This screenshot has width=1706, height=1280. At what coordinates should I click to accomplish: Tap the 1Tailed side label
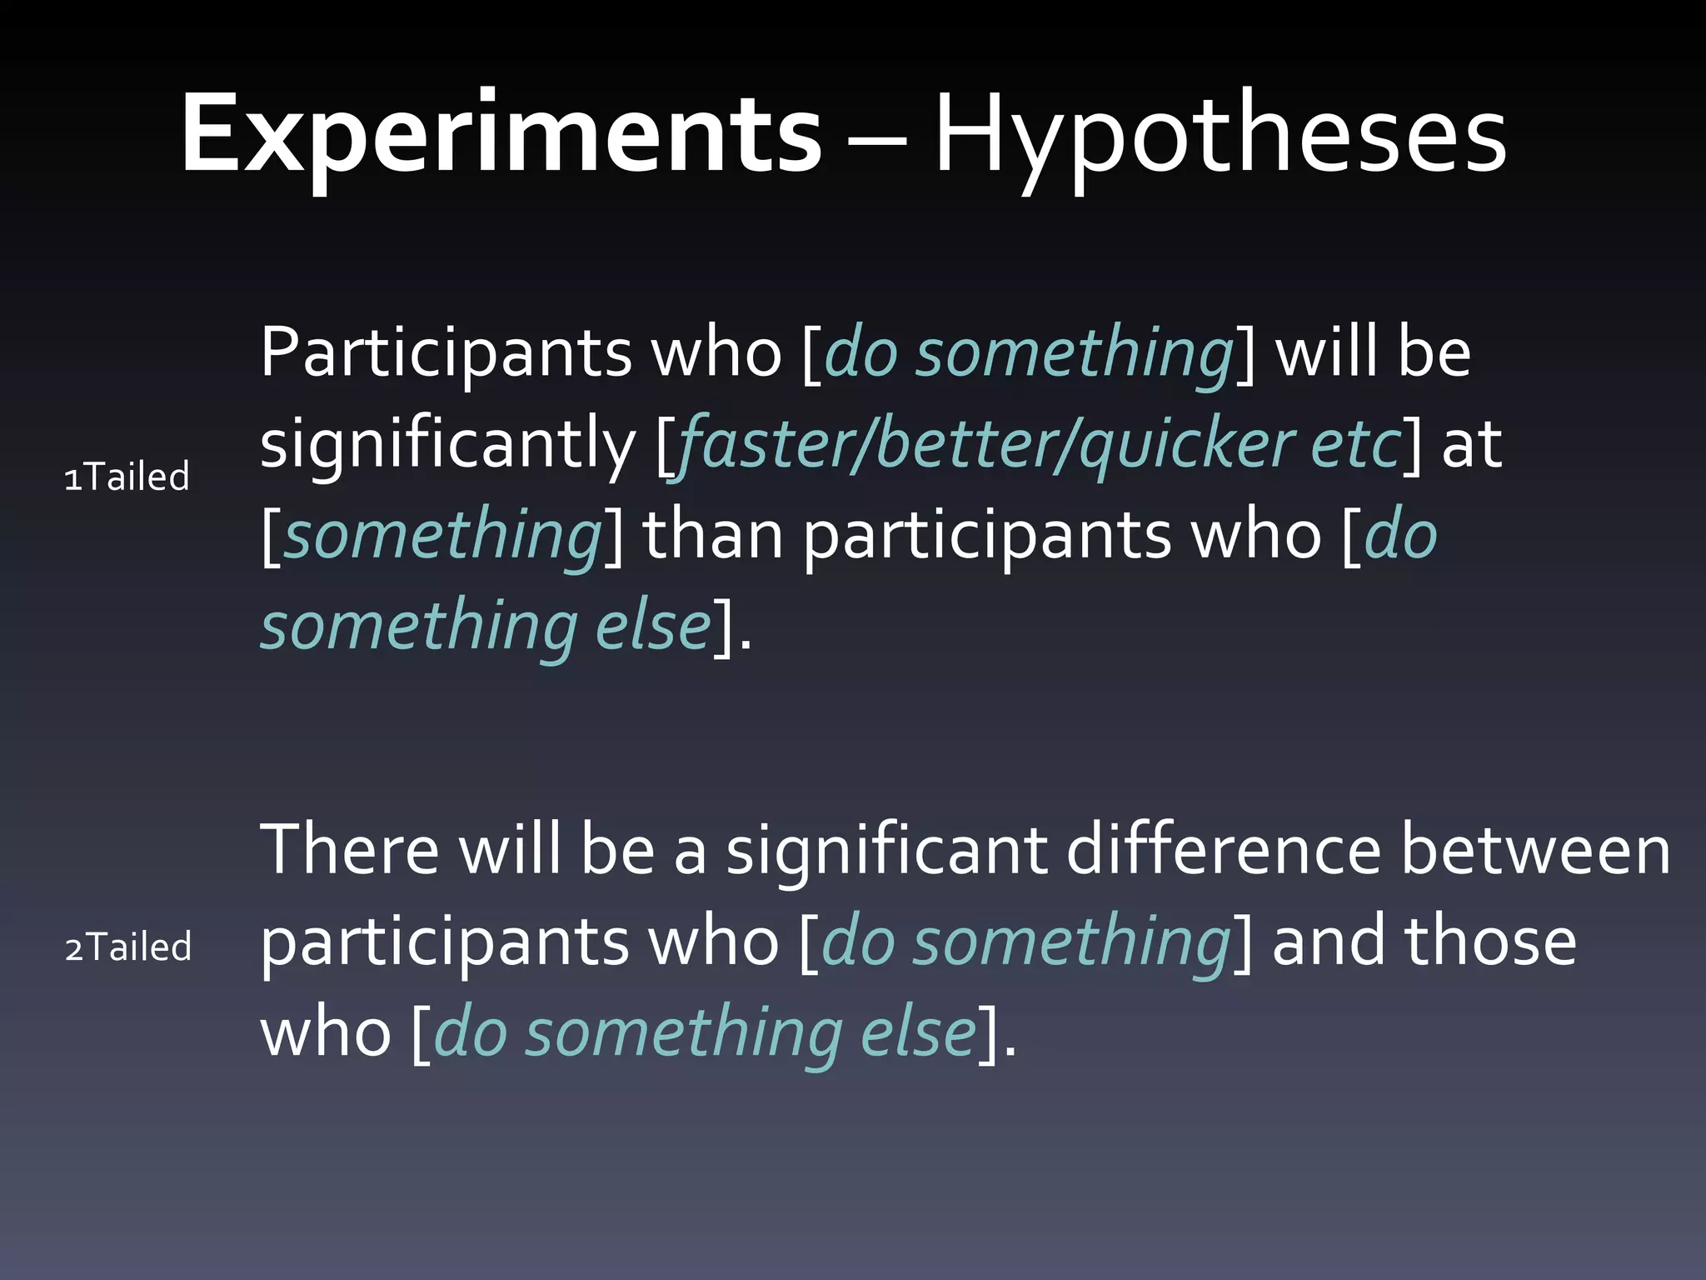(x=127, y=477)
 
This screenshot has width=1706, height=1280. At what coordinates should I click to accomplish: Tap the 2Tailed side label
(x=128, y=947)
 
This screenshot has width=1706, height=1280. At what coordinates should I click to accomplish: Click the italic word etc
(x=1356, y=444)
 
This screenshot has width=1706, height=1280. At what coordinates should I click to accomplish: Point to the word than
(x=713, y=535)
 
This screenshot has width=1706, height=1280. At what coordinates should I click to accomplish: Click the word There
(x=350, y=850)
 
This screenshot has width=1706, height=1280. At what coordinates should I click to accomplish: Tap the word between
(x=1535, y=850)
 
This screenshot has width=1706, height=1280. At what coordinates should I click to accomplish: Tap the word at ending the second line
(x=1471, y=444)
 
